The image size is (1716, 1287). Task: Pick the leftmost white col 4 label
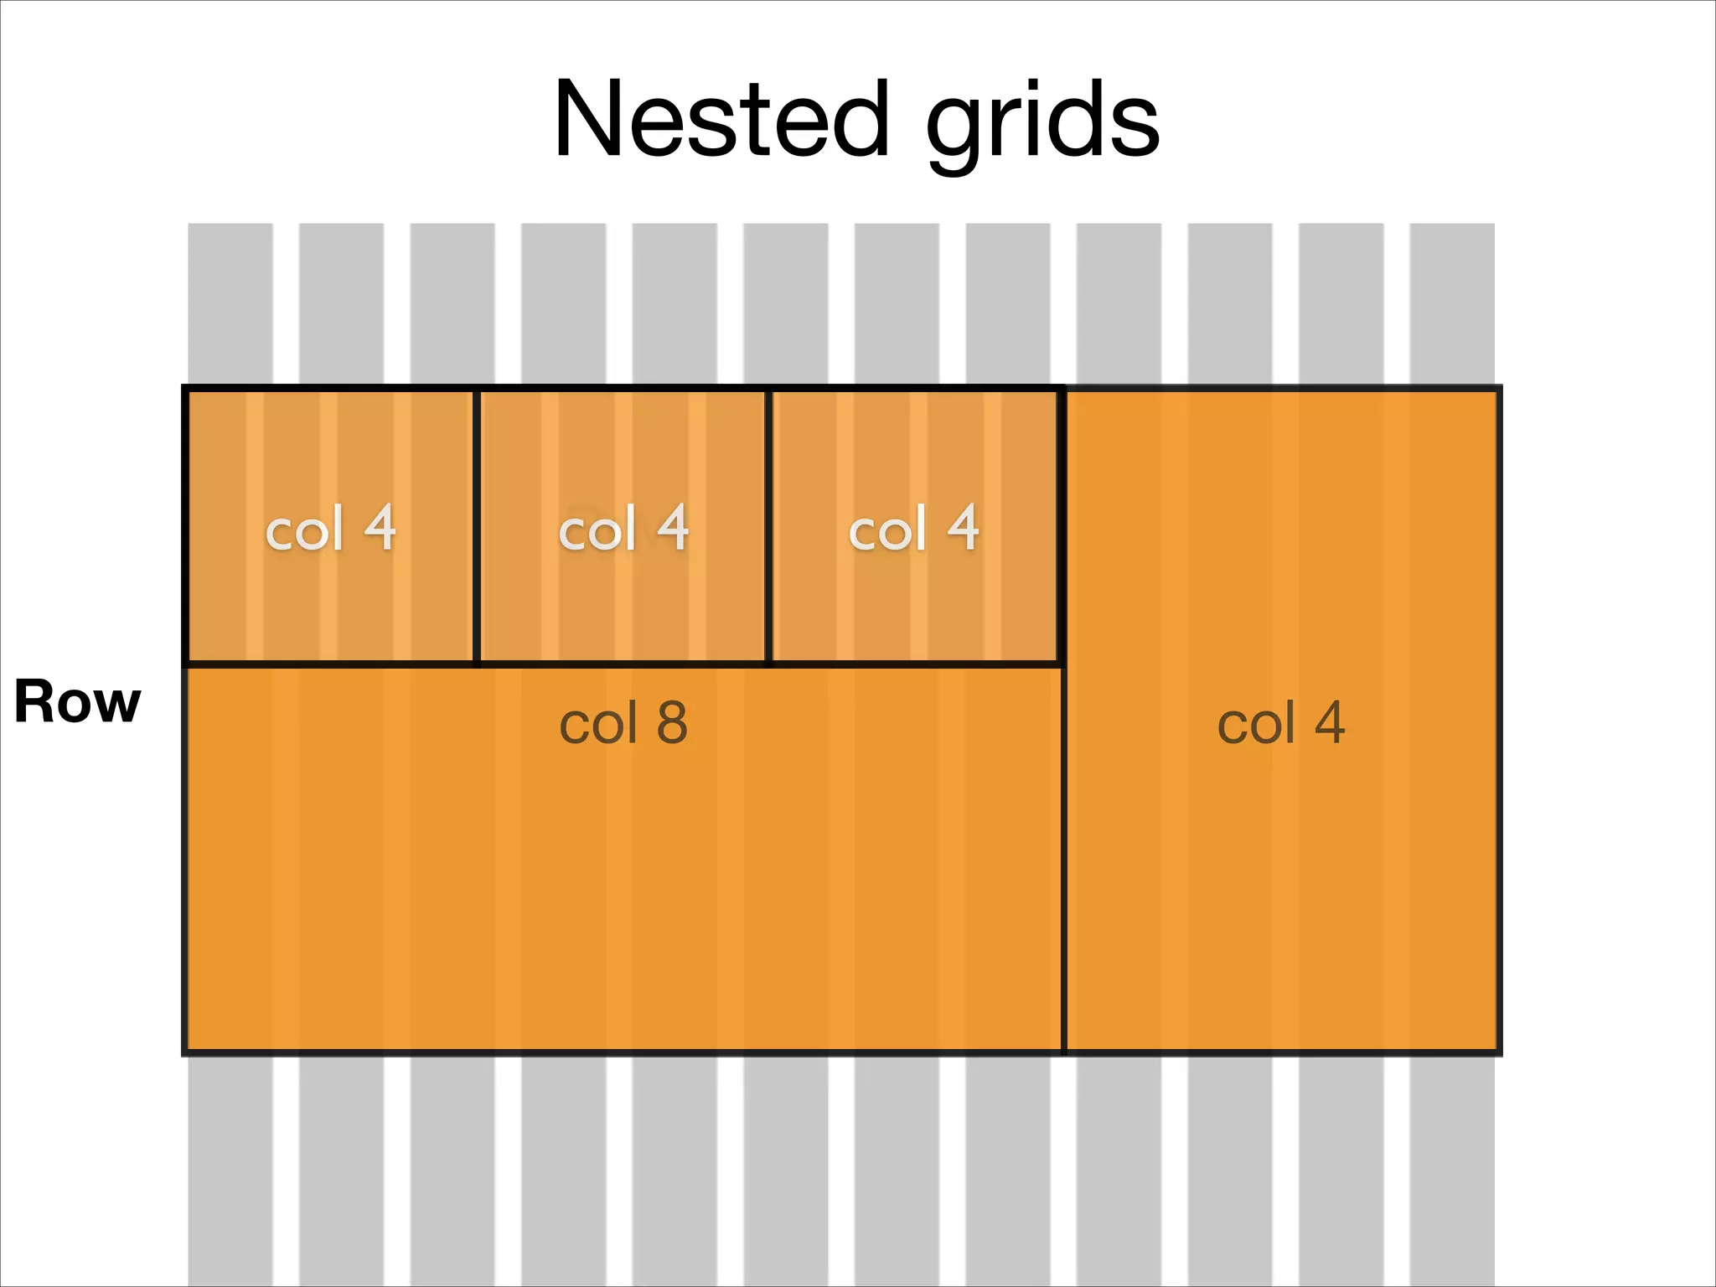coord(330,529)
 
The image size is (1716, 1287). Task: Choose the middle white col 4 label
coord(623,529)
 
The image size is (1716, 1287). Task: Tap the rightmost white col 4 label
coord(913,529)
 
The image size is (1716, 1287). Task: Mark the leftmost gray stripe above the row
coord(230,302)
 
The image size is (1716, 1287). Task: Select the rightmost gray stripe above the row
coord(1452,302)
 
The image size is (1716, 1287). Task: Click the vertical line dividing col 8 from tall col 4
coord(1063,855)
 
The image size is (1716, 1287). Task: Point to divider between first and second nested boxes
coord(476,526)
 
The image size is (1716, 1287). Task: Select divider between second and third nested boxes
coord(768,526)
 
